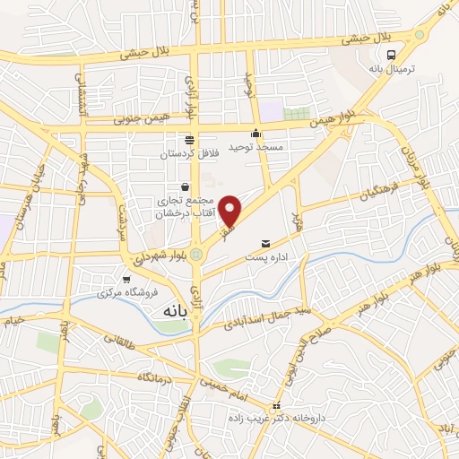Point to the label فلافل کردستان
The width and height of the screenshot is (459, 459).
[x=189, y=153]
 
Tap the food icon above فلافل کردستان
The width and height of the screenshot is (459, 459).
[x=189, y=140]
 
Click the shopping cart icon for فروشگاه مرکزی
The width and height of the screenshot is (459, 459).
[x=126, y=280]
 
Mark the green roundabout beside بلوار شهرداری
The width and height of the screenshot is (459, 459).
[x=196, y=255]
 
